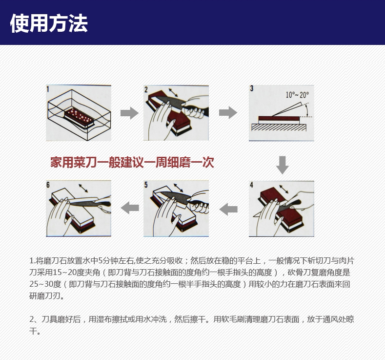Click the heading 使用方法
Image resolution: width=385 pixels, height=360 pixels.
pos(49,23)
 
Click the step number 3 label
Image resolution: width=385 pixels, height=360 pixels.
pos(252,89)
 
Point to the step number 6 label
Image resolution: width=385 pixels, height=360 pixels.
pos(48,185)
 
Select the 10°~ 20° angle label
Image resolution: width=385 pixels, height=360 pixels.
pos(297,95)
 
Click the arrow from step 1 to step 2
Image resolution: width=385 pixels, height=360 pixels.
pos(129,113)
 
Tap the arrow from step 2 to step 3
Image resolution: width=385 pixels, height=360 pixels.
pos(228,113)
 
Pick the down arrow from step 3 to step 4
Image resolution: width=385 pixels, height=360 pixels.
pos(282,165)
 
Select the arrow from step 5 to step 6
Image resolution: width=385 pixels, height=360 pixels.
pos(129,208)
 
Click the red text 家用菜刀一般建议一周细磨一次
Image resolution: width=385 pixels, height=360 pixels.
pos(133,162)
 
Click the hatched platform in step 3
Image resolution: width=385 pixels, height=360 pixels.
pos(280,127)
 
